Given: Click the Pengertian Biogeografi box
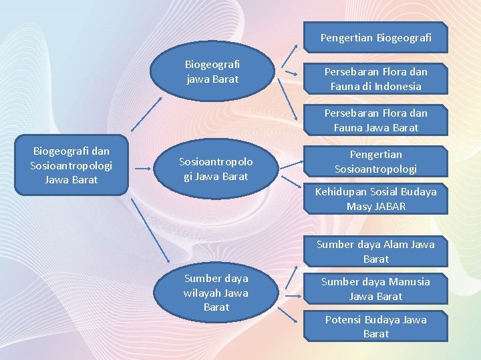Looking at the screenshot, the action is click(375, 38).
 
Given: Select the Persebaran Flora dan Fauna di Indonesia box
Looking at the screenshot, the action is click(375, 79).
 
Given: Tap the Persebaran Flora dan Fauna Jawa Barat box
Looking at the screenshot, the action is click(375, 120).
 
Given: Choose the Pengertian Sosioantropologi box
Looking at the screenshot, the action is click(375, 162).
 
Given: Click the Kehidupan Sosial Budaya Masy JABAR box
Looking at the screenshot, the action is click(375, 199).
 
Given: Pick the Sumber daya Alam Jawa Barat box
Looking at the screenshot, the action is click(375, 251).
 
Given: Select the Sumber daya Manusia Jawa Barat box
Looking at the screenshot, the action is click(375, 289).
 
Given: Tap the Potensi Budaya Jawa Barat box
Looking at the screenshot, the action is click(375, 326).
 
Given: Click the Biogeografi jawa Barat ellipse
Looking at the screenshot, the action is click(212, 72).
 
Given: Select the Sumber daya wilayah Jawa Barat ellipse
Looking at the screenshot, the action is click(215, 293).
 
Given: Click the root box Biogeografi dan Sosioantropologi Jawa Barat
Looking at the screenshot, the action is click(71, 165).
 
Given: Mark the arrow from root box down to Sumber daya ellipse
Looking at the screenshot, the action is click(148, 230).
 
